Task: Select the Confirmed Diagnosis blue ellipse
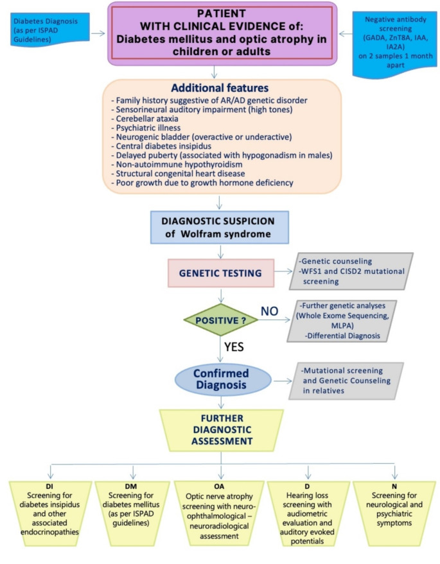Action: tap(220, 377)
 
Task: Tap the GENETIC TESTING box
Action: tap(220, 273)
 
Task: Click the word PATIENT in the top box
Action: tap(220, 12)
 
